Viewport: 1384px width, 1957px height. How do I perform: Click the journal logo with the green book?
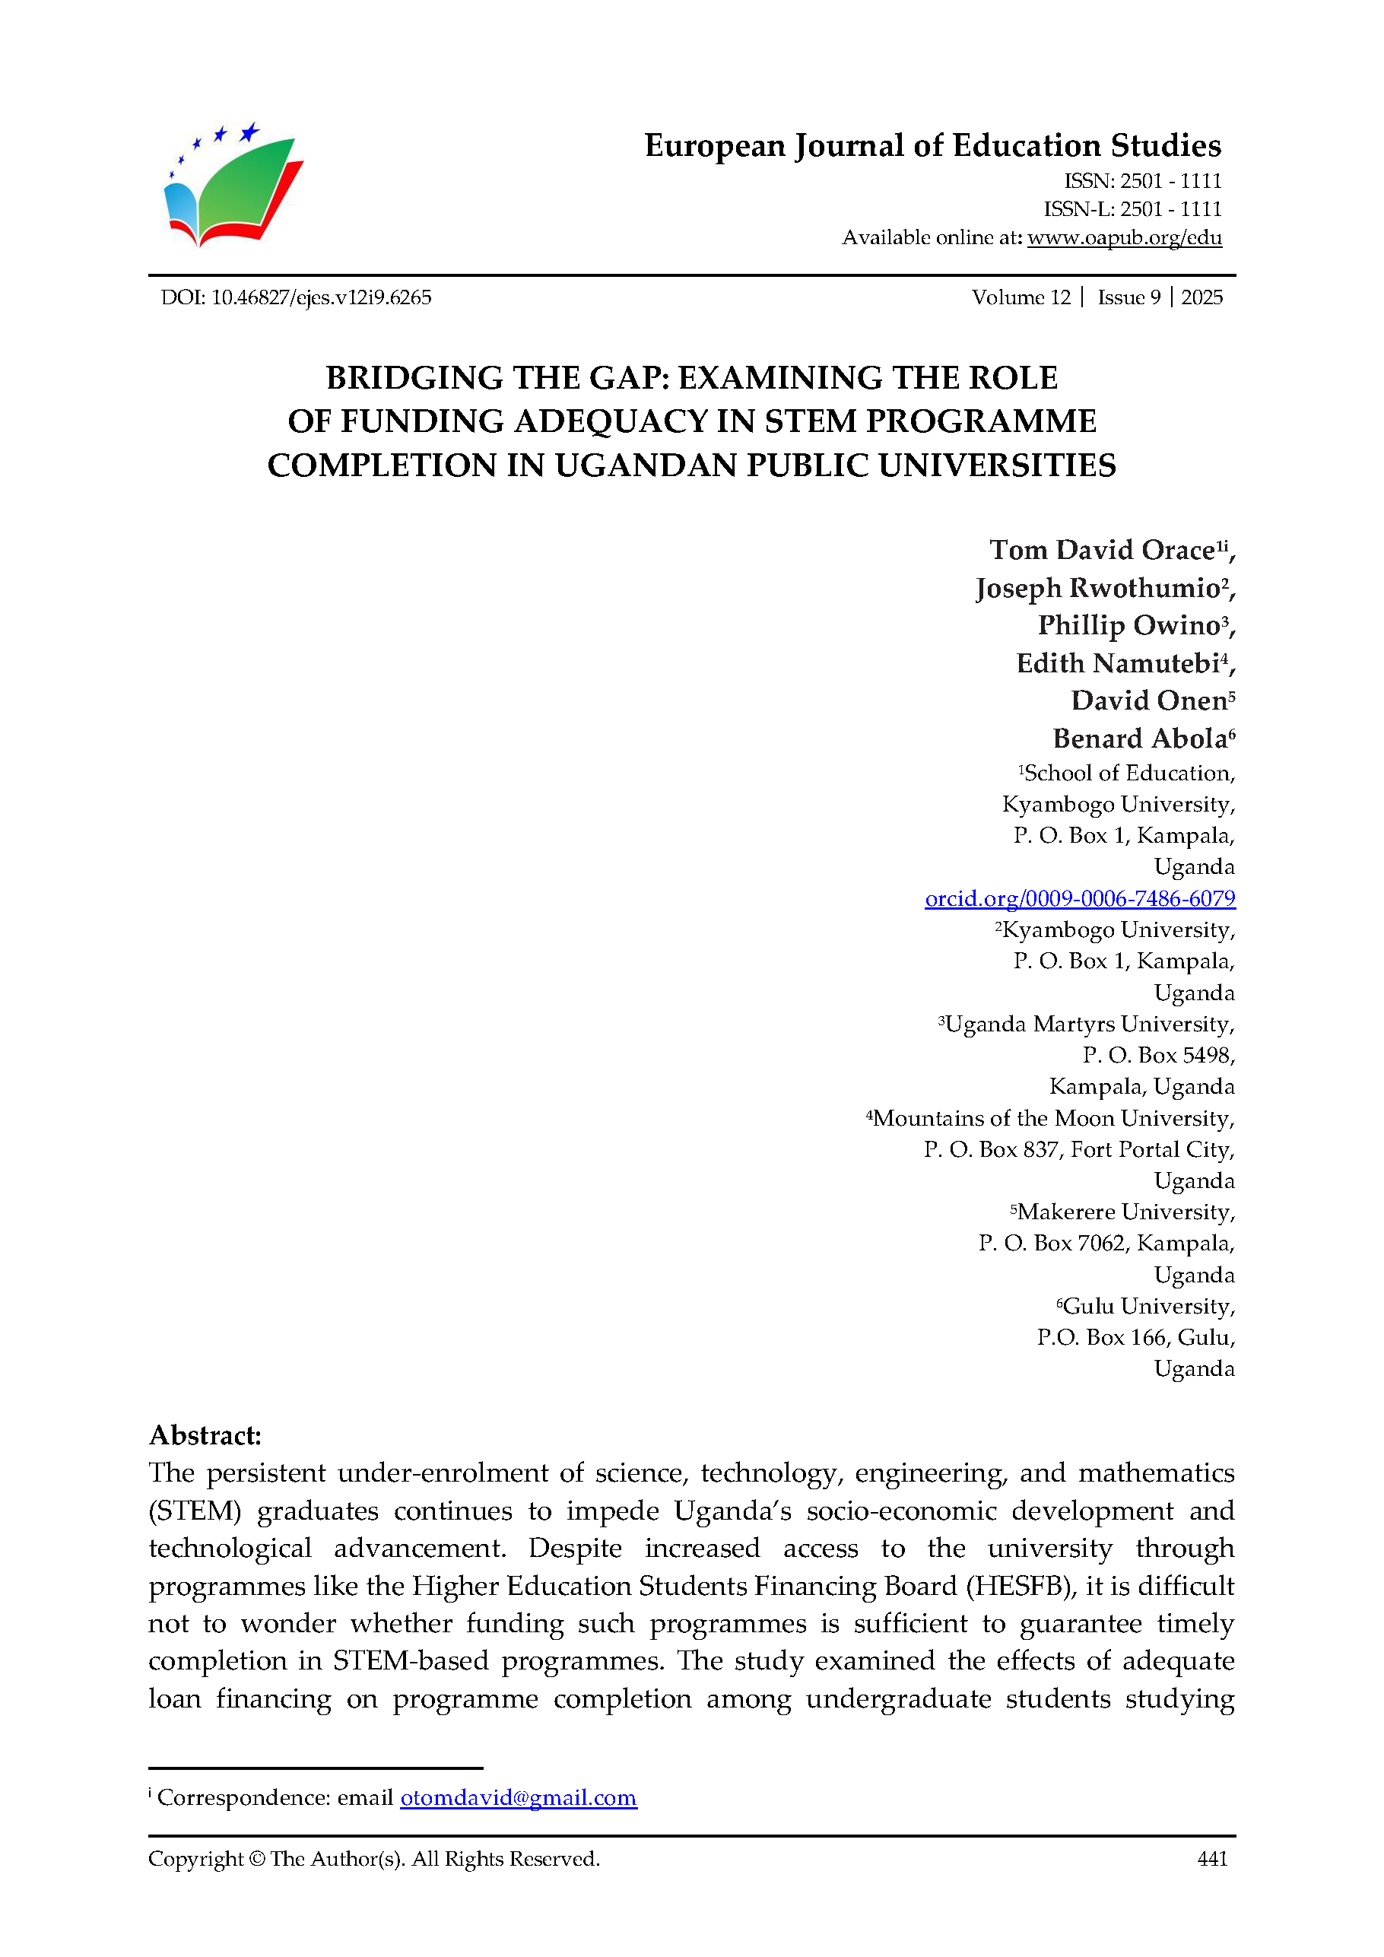coord(232,186)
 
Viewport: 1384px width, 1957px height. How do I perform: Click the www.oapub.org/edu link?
coord(1124,238)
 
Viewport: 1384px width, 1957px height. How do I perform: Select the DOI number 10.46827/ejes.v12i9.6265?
coord(321,297)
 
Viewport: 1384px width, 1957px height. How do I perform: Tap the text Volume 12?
coord(1020,297)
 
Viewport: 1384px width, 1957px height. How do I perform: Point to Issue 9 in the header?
coord(1128,297)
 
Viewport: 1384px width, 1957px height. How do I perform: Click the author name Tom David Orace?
coord(1101,551)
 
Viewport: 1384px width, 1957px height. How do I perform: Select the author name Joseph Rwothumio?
coord(1097,588)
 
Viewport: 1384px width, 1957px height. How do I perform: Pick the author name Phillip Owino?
coord(1128,626)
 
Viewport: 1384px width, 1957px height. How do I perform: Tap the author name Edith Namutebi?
coord(1117,663)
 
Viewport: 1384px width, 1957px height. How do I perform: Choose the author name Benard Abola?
coord(1138,738)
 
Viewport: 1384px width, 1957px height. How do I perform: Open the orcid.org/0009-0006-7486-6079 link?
coord(1080,898)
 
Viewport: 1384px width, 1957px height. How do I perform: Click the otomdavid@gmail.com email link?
coord(518,1797)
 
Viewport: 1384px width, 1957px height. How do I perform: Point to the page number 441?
coord(1211,1859)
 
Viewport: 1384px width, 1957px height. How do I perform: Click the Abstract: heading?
coord(205,1435)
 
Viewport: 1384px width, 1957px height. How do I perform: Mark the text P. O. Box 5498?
coord(1157,1055)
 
